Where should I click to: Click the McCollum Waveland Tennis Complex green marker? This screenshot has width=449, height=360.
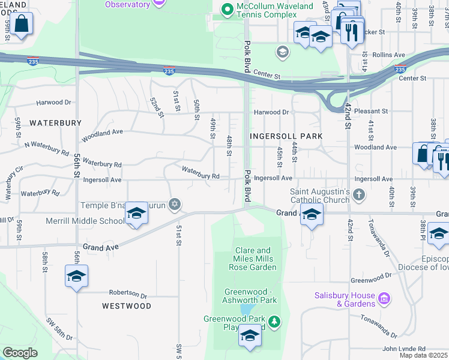[227, 10]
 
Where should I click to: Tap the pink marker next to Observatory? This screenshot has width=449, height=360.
[158, 4]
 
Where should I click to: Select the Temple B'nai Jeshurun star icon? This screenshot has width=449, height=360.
[175, 205]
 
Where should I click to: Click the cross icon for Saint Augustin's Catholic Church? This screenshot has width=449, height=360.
[359, 194]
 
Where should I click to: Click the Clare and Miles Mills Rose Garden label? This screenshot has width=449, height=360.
[255, 259]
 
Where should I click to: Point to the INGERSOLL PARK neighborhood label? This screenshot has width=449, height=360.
[287, 136]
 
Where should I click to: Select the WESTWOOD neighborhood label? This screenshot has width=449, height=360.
[127, 306]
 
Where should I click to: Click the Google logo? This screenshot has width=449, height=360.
[20, 353]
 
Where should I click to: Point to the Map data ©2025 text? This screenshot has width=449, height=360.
[423, 355]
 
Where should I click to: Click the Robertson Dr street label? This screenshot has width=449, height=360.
[128, 295]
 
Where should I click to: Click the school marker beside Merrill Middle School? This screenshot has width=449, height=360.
[137, 214]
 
